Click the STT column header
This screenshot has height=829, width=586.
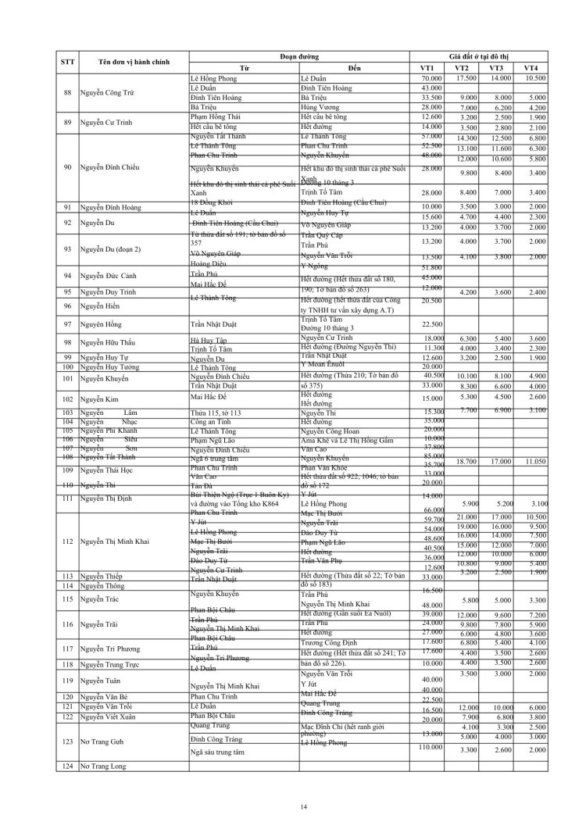tap(67, 62)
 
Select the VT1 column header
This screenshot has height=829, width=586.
tap(427, 69)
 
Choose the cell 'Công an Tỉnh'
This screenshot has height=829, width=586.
tap(213, 420)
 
